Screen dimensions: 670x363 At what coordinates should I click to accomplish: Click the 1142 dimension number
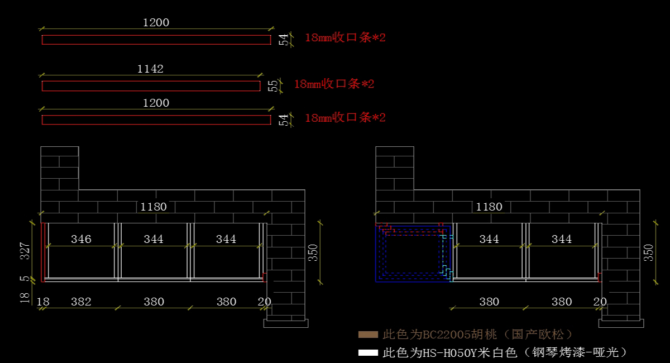(x=150, y=69)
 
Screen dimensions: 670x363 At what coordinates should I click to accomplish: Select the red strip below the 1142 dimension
(x=151, y=86)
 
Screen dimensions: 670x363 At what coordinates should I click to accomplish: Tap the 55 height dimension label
(x=273, y=86)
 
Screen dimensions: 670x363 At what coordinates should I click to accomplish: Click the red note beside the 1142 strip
(x=334, y=84)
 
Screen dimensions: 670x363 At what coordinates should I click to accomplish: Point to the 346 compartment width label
(x=81, y=239)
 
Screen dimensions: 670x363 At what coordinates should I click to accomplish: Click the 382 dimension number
(x=81, y=302)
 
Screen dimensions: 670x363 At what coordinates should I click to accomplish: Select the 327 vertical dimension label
(x=25, y=251)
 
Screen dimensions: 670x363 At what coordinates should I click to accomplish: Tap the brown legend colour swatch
(x=368, y=335)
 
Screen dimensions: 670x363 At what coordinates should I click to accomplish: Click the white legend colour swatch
(x=368, y=353)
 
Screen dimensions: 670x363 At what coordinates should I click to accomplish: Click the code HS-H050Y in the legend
(x=449, y=353)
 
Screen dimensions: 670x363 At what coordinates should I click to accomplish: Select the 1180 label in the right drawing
(x=489, y=207)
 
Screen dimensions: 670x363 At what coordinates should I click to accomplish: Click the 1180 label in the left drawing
(x=154, y=207)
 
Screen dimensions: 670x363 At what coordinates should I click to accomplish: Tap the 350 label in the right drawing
(x=649, y=253)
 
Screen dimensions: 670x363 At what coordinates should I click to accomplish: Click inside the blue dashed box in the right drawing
(x=413, y=254)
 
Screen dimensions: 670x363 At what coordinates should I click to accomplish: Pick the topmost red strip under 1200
(x=156, y=40)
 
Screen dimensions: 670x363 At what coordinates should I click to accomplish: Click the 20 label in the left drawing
(x=265, y=302)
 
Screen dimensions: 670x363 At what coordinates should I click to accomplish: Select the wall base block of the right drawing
(x=621, y=323)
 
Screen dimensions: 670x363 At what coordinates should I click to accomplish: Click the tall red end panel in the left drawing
(x=43, y=252)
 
